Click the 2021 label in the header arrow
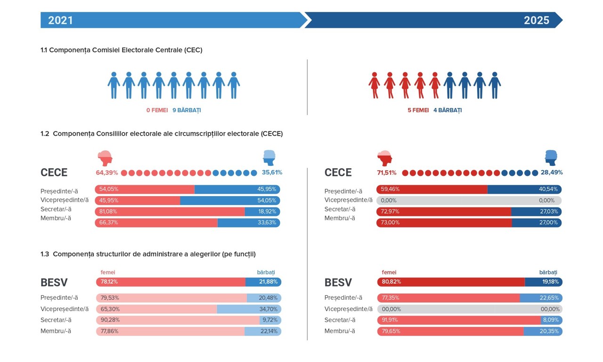(x=60, y=20)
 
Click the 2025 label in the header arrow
(x=537, y=20)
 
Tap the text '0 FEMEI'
(x=157, y=110)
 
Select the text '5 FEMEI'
(x=418, y=110)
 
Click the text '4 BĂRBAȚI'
(x=448, y=110)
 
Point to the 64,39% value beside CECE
(x=107, y=173)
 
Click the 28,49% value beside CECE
(x=552, y=173)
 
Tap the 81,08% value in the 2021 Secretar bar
(x=108, y=211)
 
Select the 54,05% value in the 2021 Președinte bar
(x=109, y=189)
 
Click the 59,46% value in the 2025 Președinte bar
(x=390, y=189)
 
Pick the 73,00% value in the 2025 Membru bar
(x=390, y=222)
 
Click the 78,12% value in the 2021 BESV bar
(x=109, y=282)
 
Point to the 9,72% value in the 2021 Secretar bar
(x=269, y=320)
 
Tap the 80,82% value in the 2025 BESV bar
(x=391, y=282)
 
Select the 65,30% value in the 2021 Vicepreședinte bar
(x=110, y=309)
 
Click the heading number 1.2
(x=45, y=134)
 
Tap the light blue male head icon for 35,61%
(x=269, y=157)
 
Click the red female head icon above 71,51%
(x=385, y=158)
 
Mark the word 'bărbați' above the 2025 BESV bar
(x=548, y=272)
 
